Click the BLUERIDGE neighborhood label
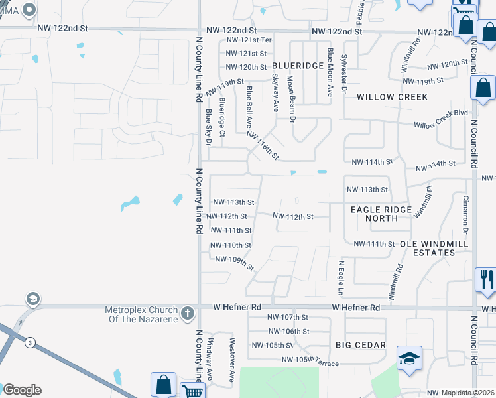(x=298, y=66)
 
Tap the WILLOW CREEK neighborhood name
(x=392, y=97)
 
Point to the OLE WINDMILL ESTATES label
(x=434, y=248)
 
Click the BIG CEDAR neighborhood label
(x=361, y=345)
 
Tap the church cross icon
(x=188, y=312)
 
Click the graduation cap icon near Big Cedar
(x=409, y=358)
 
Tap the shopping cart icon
(x=193, y=392)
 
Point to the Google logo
(x=21, y=390)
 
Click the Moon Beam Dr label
(x=291, y=96)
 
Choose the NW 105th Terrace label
(x=310, y=362)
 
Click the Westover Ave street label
(x=232, y=362)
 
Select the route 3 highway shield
(x=31, y=343)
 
